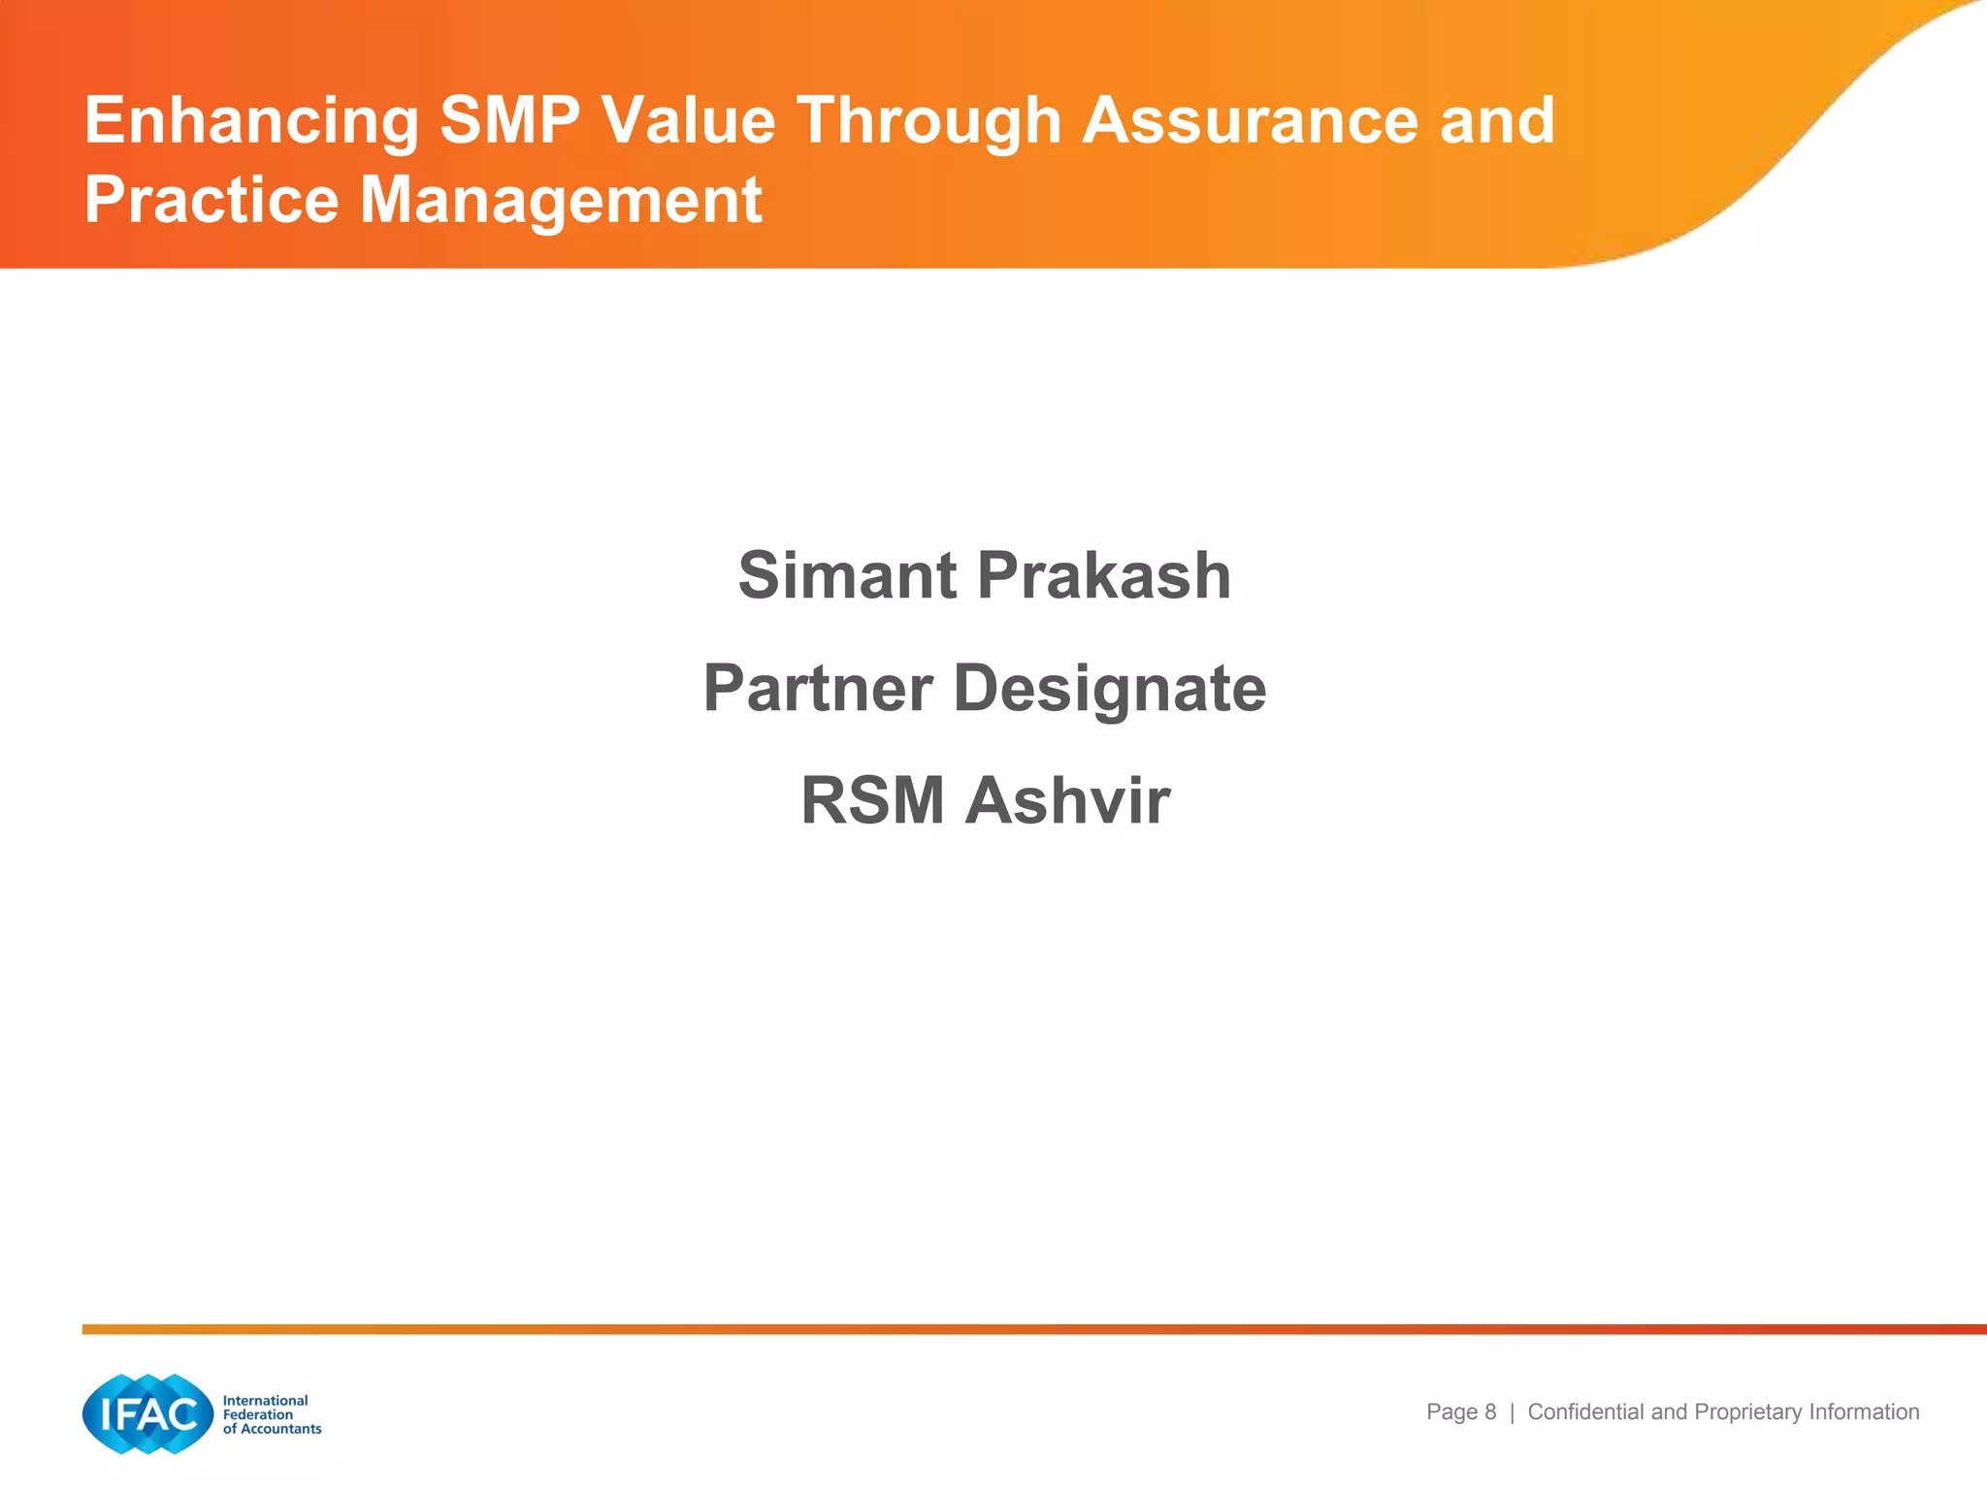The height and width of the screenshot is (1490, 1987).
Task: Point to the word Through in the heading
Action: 929,122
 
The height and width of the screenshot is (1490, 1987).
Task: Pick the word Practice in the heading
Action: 212,200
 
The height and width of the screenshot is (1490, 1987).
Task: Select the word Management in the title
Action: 561,202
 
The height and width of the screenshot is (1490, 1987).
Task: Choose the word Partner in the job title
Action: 818,688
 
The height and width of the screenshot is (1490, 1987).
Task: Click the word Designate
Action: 1110,690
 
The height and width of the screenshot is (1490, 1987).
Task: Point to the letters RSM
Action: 872,801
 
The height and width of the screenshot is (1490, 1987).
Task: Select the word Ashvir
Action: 1067,801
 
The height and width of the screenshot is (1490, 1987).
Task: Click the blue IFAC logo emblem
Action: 147,1414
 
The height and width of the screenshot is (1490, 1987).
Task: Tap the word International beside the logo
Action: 265,1400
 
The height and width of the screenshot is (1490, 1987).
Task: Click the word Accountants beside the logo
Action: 280,1429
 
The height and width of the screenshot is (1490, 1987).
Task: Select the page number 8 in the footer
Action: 1490,1412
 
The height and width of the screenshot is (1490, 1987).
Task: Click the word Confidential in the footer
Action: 1586,1412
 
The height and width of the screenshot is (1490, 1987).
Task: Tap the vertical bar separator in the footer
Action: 1512,1413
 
